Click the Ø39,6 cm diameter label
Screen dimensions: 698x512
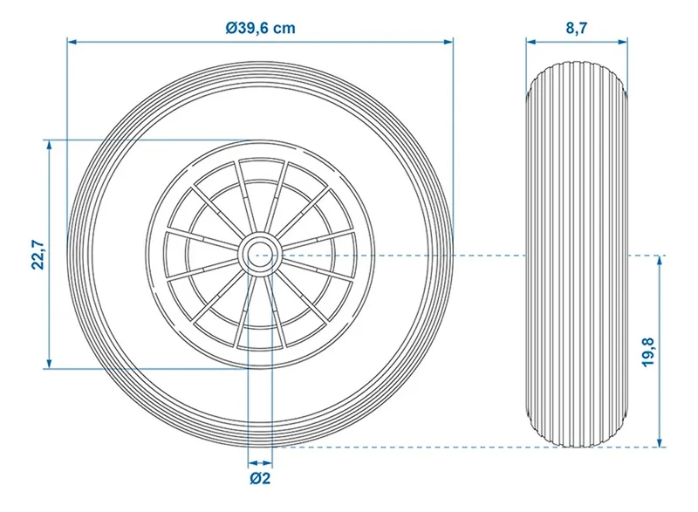[260, 28]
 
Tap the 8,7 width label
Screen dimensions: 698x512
[577, 28]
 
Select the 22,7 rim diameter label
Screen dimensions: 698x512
[38, 255]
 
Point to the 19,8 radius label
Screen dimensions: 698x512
[648, 352]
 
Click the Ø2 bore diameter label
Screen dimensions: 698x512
[260, 478]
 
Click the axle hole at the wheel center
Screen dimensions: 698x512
[260, 255]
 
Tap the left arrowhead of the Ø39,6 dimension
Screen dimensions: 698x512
[72, 42]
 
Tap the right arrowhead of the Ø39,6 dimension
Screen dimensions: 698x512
[448, 42]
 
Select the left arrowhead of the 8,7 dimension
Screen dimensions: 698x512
[531, 42]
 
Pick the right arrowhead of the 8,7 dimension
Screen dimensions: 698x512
[623, 42]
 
